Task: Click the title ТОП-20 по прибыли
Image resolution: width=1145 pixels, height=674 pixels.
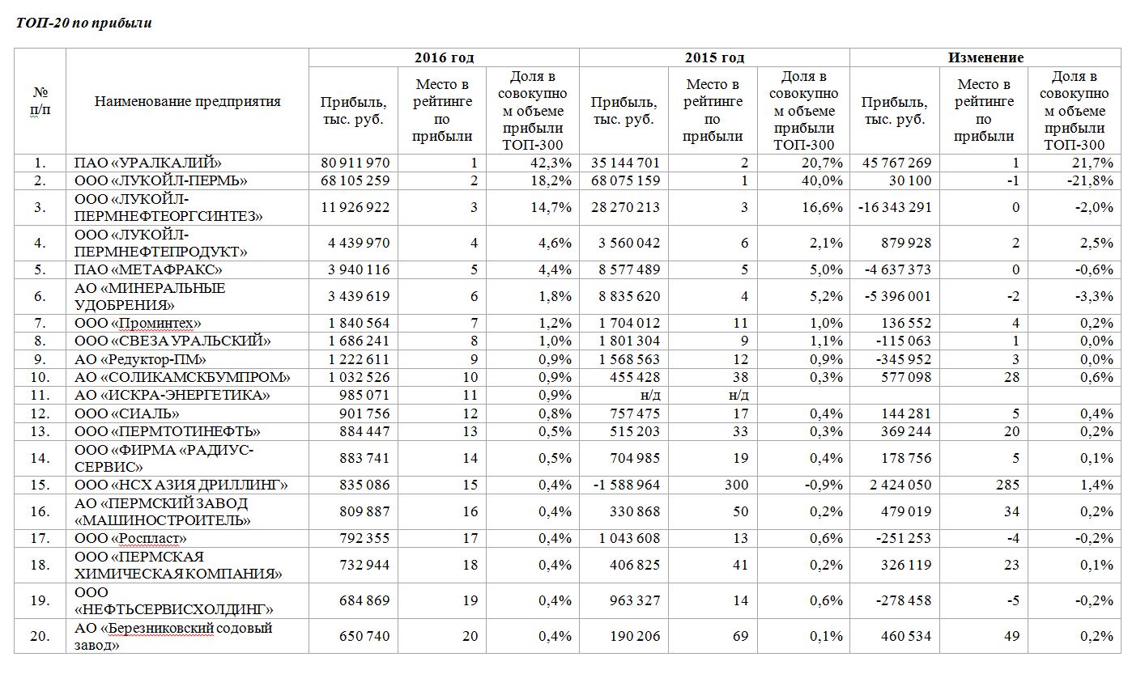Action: [84, 23]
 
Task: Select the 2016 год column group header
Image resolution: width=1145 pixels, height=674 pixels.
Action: [444, 57]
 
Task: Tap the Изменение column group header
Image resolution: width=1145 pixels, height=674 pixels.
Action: [985, 57]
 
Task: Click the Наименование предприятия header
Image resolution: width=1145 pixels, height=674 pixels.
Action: [187, 101]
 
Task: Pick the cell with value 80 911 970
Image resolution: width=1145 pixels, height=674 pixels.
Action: [355, 163]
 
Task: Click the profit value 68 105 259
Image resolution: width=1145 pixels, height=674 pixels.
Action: [355, 180]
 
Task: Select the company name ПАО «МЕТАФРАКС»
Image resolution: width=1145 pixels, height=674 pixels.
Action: [148, 269]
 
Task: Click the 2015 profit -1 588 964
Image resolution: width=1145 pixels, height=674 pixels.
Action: [624, 485]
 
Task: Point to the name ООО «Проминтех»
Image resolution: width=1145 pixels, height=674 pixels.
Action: [138, 324]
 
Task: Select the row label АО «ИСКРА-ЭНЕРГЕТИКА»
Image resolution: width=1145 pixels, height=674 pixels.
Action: [172, 395]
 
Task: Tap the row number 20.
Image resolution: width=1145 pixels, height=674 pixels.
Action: [40, 636]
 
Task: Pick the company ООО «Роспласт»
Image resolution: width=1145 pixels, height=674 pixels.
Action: [130, 538]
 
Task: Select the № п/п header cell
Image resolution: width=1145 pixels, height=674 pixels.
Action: [40, 101]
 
